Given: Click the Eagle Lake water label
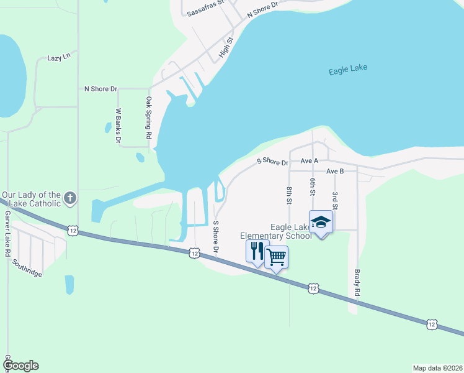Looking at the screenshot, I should [347, 71].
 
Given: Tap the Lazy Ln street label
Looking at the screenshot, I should [60, 58].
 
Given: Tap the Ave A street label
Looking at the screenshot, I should [309, 160].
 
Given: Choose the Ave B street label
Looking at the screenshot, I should [334, 171].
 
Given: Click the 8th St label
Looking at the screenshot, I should [289, 195].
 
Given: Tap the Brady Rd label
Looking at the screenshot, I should [357, 282].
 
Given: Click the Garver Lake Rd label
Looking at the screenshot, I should [8, 234].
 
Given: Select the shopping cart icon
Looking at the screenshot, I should [277, 256].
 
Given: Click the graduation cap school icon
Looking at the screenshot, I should [321, 223].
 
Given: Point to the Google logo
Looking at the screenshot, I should [20, 366].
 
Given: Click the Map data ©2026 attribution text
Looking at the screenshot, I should [437, 367].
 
